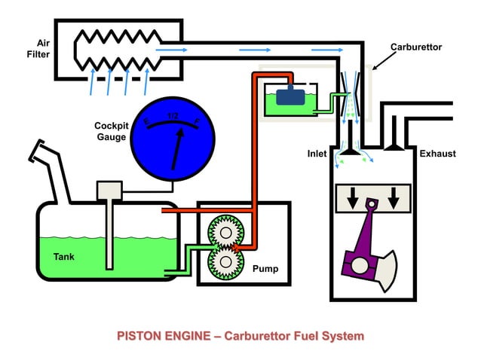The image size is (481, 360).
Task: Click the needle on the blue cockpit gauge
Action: (176, 148)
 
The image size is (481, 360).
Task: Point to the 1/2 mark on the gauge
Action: (173, 116)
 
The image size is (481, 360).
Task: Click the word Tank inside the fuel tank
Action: (64, 256)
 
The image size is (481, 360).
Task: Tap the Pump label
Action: (265, 268)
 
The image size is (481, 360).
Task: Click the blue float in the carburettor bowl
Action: (289, 96)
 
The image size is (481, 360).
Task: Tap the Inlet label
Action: (317, 154)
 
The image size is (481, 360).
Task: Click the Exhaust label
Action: (437, 154)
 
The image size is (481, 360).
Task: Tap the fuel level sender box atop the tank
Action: (110, 190)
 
